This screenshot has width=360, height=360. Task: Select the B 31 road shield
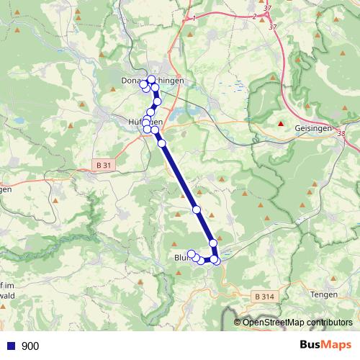[104, 165]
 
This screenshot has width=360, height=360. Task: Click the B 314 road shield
[264, 296]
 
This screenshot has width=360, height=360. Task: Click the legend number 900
[30, 346]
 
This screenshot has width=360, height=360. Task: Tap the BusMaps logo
[325, 346]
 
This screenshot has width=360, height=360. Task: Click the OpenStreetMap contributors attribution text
[297, 322]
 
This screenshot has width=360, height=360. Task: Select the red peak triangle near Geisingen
[281, 124]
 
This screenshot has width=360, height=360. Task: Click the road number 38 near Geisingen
[340, 134]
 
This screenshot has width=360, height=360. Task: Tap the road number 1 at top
[194, 17]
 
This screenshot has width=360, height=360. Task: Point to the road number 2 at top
[255, 17]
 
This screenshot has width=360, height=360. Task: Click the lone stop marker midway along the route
[196, 210]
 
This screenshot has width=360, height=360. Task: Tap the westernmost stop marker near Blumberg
[191, 253]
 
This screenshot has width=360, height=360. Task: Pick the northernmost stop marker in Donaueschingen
[151, 78]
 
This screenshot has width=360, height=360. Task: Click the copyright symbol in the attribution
[238, 322]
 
